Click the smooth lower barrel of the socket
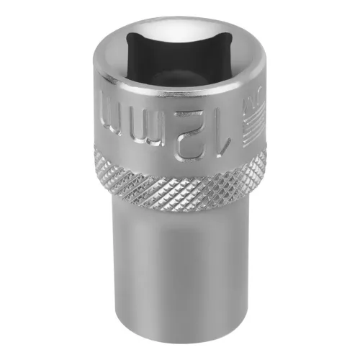180,281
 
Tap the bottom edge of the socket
180,344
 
